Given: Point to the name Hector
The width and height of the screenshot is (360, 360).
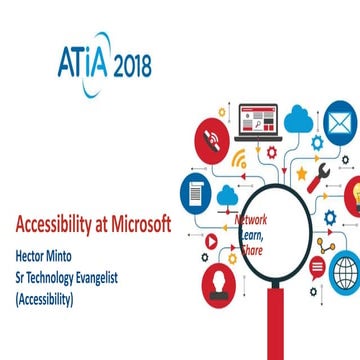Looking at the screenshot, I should click(x=32, y=222).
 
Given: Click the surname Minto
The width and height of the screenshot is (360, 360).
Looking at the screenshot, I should click(x=73, y=222).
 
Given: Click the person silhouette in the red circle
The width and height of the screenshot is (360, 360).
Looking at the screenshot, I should click(x=218, y=283).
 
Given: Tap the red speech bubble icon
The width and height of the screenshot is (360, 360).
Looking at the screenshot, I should click(x=316, y=267).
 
